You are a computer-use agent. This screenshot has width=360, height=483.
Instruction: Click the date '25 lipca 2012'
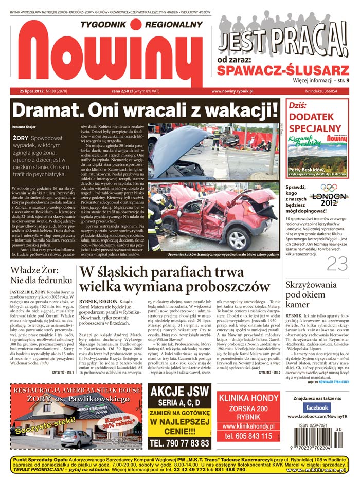coord(28,91)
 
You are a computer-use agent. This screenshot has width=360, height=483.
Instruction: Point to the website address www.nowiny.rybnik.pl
coord(232,91)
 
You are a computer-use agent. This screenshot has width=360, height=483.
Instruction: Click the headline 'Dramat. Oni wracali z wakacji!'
coord(145,109)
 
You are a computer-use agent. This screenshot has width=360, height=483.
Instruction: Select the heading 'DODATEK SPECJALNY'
coord(315,123)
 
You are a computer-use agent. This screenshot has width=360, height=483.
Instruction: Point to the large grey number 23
coord(337,264)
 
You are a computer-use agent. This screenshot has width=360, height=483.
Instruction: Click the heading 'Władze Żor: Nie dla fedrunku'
coord(36,275)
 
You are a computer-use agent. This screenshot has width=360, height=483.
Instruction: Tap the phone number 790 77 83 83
coord(179,442)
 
